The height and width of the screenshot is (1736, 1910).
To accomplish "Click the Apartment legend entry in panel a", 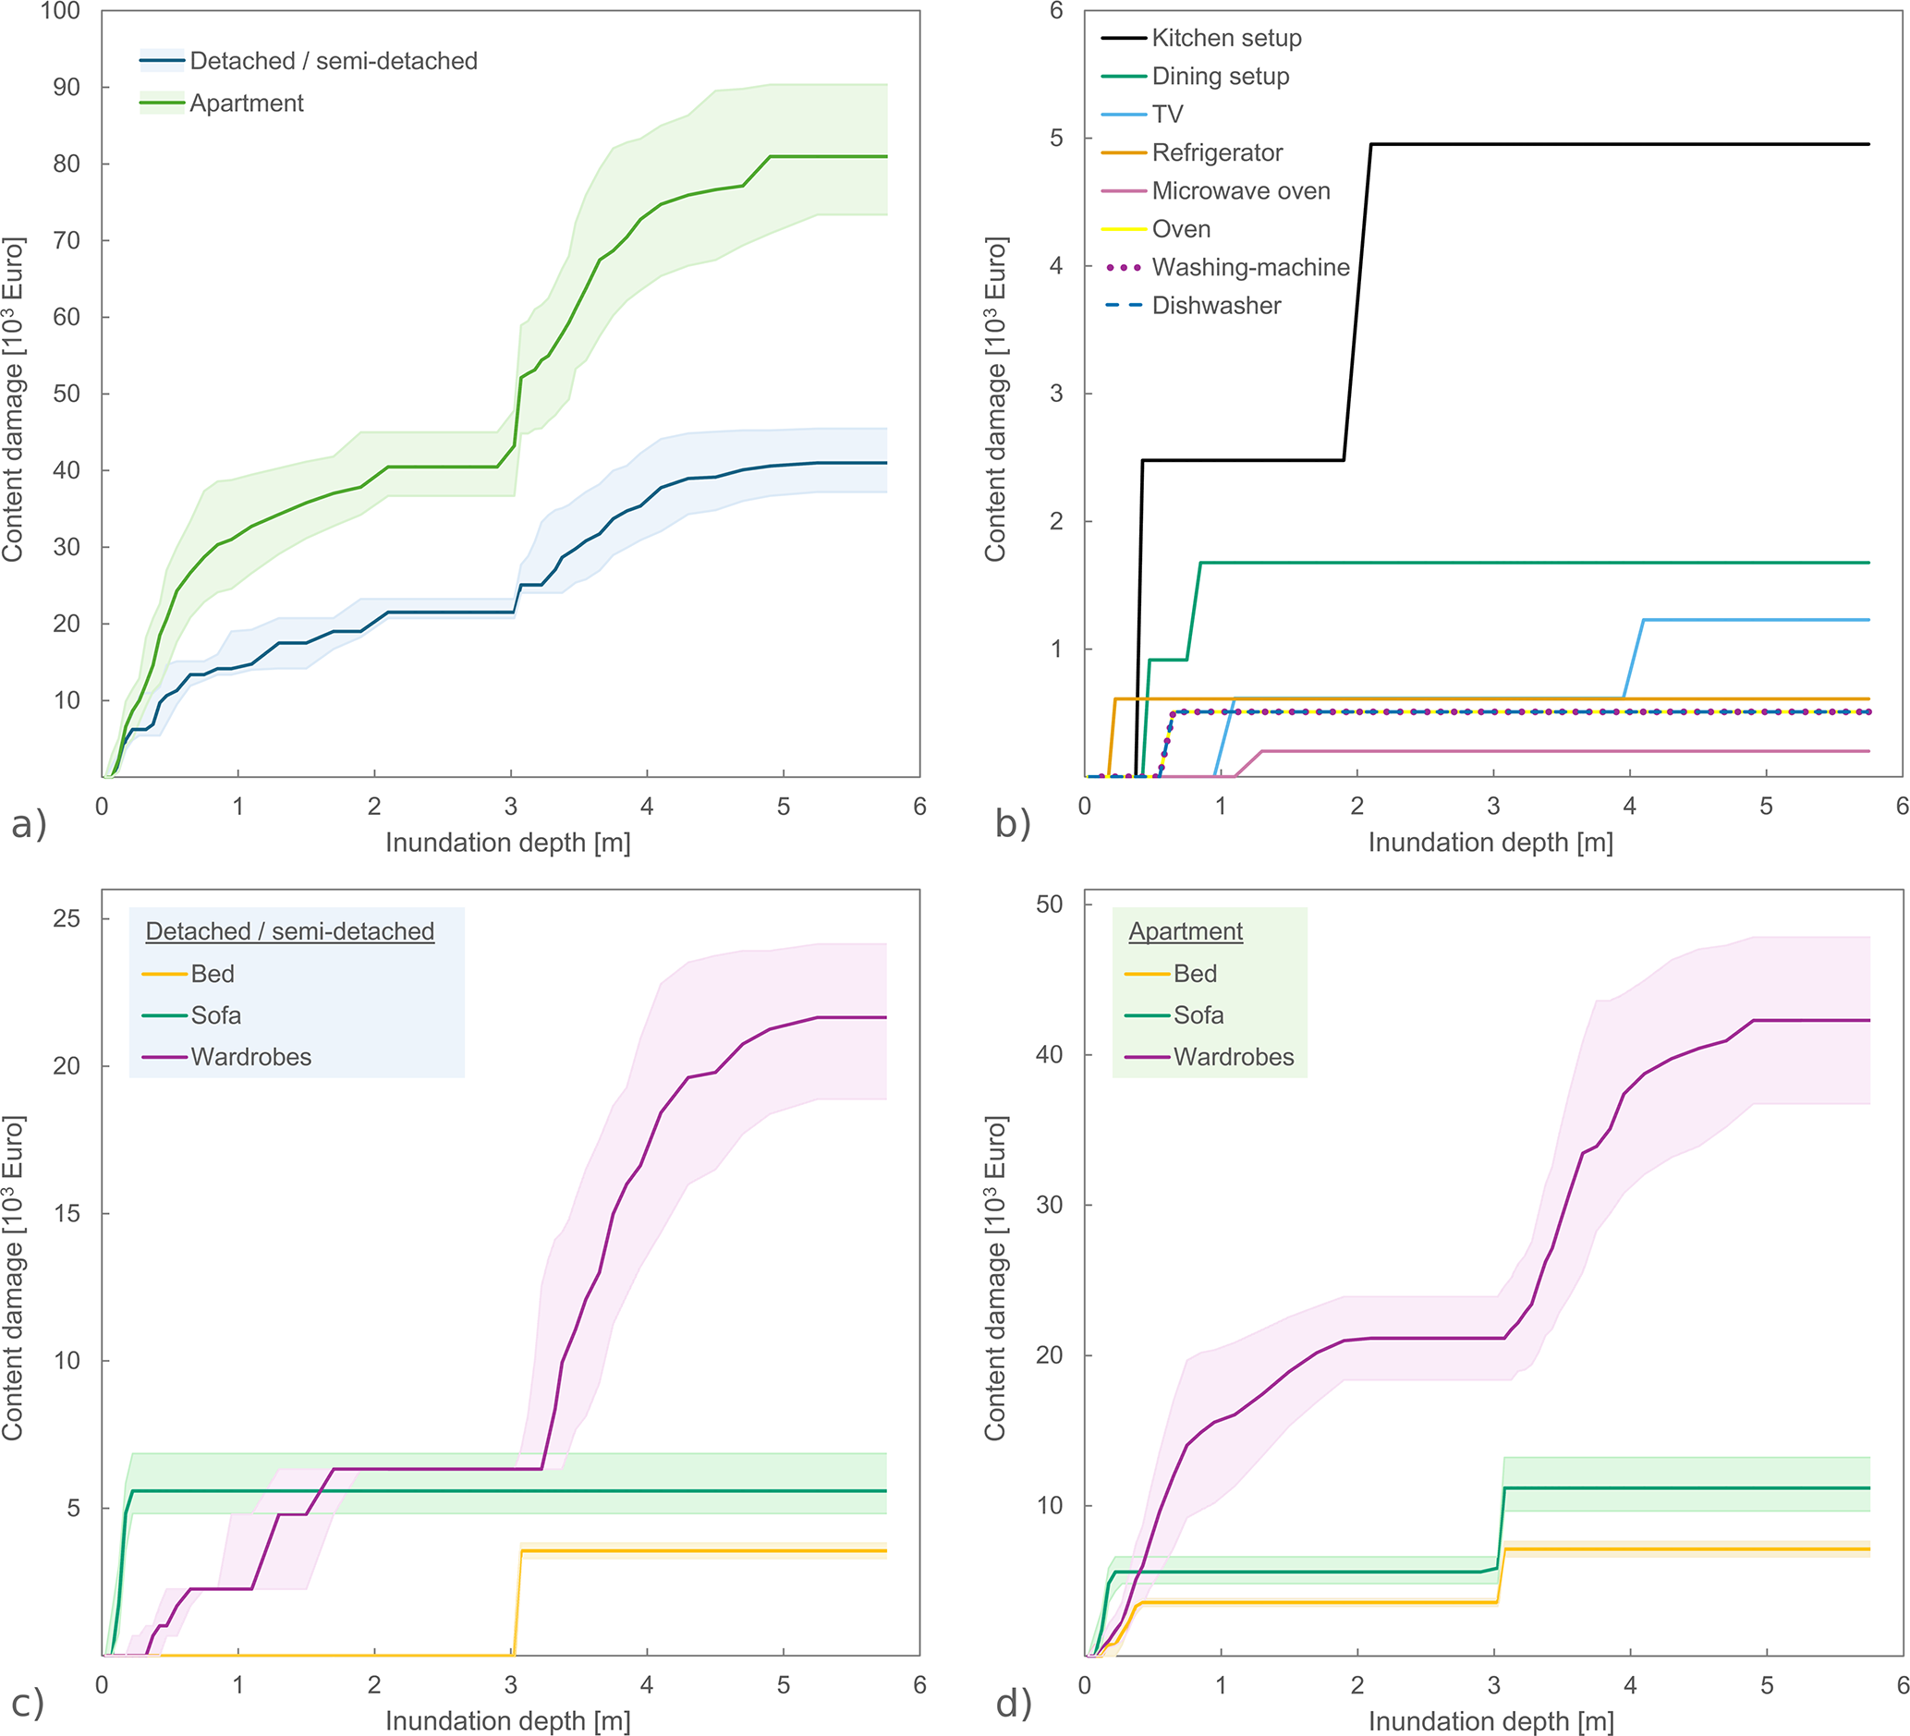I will pos(247,103).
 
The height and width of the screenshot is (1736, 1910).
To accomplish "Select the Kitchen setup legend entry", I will pos(1226,38).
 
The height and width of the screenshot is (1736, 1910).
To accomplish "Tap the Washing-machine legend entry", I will pos(1249,267).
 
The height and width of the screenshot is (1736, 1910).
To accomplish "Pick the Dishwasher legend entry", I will pos(1215,306).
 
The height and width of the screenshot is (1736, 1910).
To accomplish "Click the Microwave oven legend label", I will pos(1240,191).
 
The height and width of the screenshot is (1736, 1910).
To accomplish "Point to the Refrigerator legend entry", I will pos(1216,152).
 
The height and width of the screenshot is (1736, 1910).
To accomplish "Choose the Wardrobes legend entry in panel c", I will pos(250,1057).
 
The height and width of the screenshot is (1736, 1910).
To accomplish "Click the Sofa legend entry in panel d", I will pos(1198,1015).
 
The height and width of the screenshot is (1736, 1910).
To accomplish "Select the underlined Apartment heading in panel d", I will pos(1186,931).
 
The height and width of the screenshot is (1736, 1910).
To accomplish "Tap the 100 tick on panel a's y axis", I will pos(60,11).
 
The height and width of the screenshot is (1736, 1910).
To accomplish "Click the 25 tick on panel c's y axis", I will pos(67,918).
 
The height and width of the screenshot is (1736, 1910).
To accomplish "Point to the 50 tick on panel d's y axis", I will pos(1050,904).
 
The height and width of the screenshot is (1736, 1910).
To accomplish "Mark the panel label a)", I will pos(29,824).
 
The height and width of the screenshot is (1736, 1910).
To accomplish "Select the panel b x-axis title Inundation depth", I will pos(1490,842).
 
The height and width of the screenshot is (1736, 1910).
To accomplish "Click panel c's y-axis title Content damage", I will pos(12,1279).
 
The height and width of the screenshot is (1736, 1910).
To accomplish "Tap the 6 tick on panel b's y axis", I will pos(1056,11).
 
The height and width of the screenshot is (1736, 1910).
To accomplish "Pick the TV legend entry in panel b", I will pos(1167,115).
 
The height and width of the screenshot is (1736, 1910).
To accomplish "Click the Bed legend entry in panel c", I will pos(213,974).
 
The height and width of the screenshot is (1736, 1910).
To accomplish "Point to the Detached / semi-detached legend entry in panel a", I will pos(334,62).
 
